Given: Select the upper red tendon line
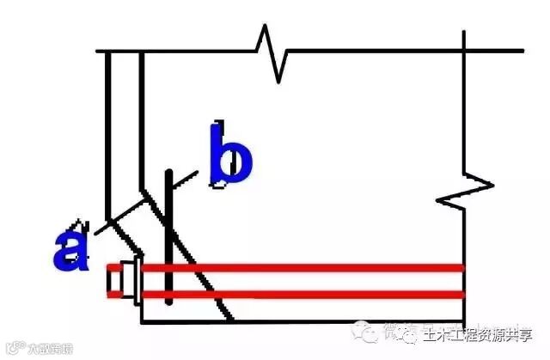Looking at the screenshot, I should click(x=301, y=268).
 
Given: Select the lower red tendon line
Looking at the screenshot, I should click(x=301, y=295).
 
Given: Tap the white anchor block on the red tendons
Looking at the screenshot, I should click(x=128, y=282).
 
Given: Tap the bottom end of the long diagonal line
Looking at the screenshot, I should click(x=231, y=320).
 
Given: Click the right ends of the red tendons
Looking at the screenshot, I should click(x=461, y=282).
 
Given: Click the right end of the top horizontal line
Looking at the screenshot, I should click(x=520, y=52).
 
